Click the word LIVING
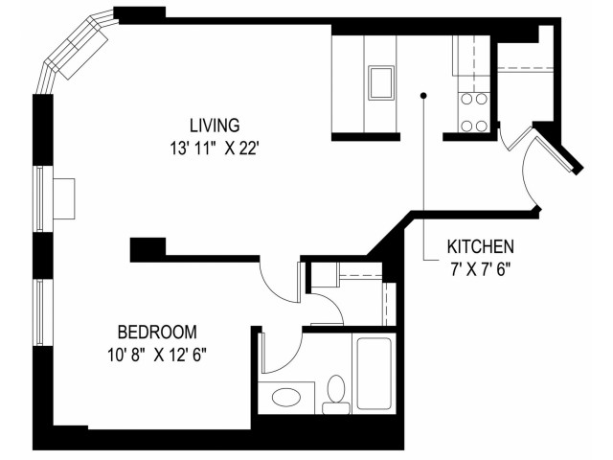click(215, 126)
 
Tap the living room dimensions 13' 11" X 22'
click(215, 149)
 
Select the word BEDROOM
click(157, 333)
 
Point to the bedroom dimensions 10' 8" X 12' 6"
click(156, 356)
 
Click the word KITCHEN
click(481, 247)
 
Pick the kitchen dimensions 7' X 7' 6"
click(481, 270)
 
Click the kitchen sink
click(381, 83)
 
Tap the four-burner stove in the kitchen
click(474, 111)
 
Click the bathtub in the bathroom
click(375, 373)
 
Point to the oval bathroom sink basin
click(284, 397)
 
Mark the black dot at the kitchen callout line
click(423, 96)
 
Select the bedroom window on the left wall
click(39, 312)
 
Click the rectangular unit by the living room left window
click(64, 198)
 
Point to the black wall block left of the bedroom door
click(148, 249)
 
